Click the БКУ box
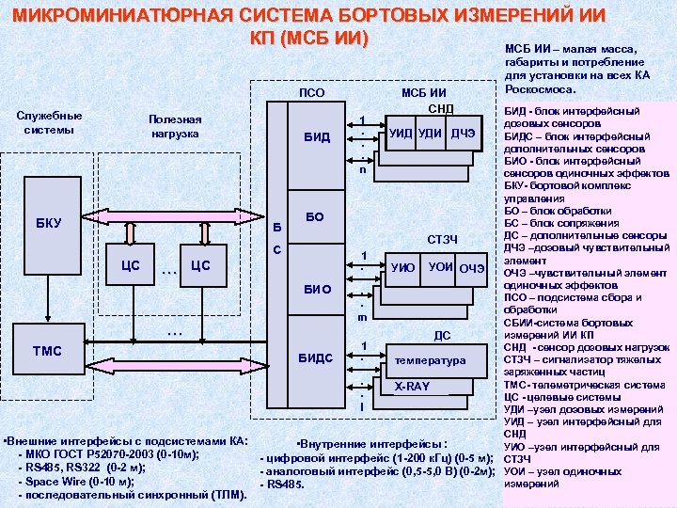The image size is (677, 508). (x=48, y=223)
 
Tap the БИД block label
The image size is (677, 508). (x=317, y=137)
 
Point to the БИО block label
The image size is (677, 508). (x=317, y=290)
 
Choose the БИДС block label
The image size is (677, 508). (x=317, y=358)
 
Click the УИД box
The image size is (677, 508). (x=400, y=134)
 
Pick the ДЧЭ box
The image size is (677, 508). (x=463, y=134)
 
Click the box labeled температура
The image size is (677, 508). (x=430, y=360)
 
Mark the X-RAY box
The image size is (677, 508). (x=411, y=387)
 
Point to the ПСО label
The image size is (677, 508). (x=311, y=92)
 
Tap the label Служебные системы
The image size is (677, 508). (x=50, y=122)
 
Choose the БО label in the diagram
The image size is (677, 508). (x=316, y=216)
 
